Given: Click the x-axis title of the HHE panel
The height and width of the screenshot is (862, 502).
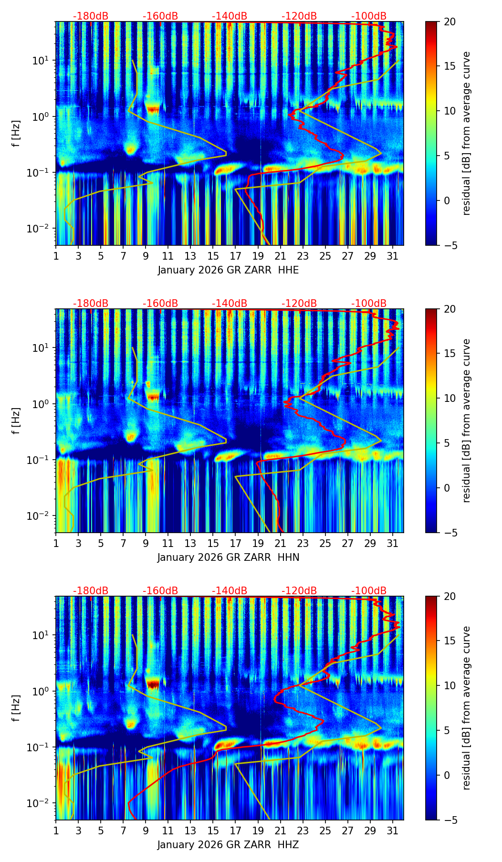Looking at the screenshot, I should [228, 270].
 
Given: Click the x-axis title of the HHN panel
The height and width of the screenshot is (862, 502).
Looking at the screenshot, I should [228, 557].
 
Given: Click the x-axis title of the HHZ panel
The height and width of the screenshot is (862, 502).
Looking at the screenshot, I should [228, 845].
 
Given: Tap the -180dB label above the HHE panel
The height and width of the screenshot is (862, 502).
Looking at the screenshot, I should [91, 16].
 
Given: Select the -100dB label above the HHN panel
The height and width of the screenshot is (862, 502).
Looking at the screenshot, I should [369, 304].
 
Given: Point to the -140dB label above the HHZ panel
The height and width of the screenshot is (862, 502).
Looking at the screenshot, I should [230, 591].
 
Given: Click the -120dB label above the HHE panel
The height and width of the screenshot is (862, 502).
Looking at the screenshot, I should [299, 16].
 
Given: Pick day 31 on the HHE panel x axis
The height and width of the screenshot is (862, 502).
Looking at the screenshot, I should [392, 256].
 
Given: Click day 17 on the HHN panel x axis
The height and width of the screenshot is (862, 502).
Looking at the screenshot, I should [235, 544].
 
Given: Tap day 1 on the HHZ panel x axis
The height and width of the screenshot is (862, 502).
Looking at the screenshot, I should [56, 831].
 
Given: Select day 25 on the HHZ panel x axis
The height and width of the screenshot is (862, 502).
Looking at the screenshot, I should [325, 831].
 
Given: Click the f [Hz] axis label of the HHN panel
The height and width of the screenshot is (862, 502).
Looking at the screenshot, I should [16, 420].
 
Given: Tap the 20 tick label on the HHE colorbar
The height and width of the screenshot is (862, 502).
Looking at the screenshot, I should [450, 21].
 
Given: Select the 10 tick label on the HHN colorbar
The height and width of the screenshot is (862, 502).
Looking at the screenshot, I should [450, 398].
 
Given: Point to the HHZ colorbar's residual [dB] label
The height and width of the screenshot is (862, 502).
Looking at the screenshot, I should [466, 708].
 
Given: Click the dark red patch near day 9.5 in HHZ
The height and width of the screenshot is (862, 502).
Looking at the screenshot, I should [153, 684].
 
